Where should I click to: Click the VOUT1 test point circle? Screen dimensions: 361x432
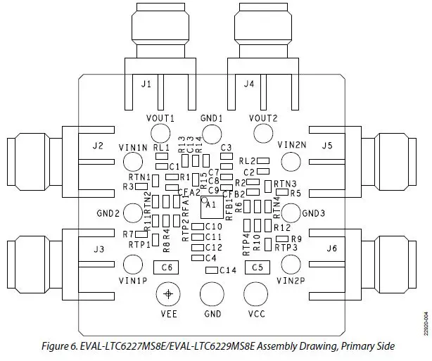click(160, 133)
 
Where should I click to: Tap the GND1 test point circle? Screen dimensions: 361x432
click(211, 133)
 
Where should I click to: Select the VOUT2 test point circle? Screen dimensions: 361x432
click(263, 133)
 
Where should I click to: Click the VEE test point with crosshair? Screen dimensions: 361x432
click(167, 293)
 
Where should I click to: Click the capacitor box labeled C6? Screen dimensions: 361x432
click(167, 267)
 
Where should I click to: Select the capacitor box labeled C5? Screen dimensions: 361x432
click(258, 267)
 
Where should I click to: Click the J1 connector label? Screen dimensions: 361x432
click(146, 84)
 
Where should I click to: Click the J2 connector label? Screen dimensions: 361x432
click(98, 146)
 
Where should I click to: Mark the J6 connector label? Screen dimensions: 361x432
click(331, 249)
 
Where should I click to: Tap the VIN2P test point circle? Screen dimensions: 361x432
click(291, 265)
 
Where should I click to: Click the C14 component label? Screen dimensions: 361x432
click(227, 270)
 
